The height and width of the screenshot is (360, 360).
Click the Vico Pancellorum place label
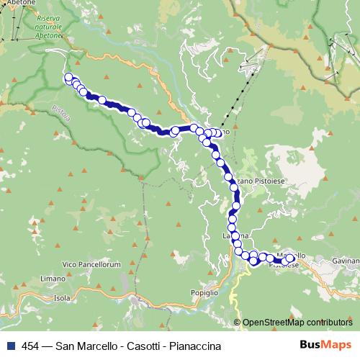[91, 265]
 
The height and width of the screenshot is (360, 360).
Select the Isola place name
[62, 297]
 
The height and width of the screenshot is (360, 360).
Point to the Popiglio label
[204, 293]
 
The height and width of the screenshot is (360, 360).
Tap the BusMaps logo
[320, 345]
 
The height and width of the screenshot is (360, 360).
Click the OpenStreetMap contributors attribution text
[297, 323]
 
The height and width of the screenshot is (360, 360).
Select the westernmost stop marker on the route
[69, 78]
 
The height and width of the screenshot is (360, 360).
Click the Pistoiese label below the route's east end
[283, 265]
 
